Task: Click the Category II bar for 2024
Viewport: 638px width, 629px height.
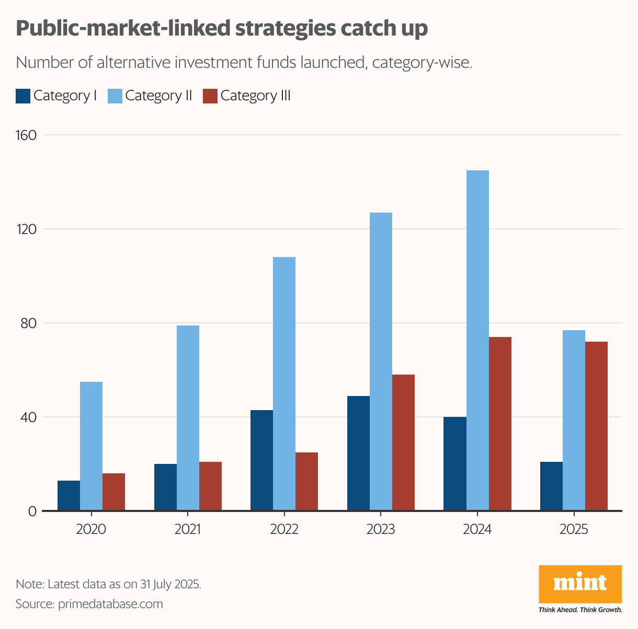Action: tap(477, 340)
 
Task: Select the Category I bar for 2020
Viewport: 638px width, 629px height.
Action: tap(69, 495)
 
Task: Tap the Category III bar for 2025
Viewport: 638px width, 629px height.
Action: tap(596, 426)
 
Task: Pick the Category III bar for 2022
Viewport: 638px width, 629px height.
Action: tap(306, 481)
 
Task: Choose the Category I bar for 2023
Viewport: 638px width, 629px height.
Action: tap(358, 453)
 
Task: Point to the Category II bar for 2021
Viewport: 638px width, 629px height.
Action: tap(188, 418)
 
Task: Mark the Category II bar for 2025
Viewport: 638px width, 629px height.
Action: tap(574, 420)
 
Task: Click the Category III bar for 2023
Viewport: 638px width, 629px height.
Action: tap(403, 442)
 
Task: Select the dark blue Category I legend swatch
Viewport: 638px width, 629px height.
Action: tap(23, 96)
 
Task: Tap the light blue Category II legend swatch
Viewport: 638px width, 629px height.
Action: tap(115, 96)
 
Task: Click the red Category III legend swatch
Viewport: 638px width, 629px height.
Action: tap(210, 96)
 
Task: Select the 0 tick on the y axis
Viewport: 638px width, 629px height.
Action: tap(32, 511)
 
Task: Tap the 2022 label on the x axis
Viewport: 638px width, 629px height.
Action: tap(284, 529)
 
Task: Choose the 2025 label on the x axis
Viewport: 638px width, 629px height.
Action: tap(574, 529)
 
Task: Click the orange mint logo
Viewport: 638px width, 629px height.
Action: tap(580, 584)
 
